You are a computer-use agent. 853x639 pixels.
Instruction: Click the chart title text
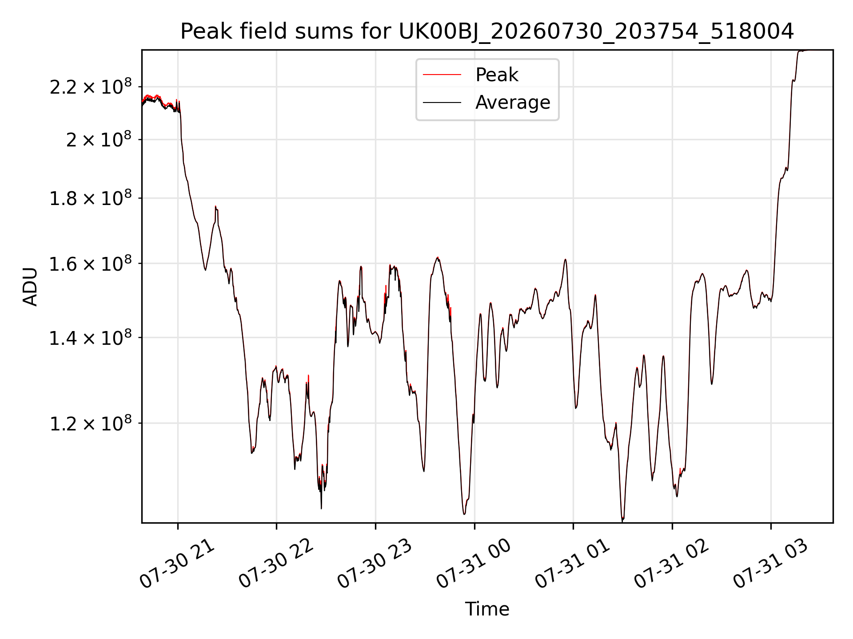pos(487,32)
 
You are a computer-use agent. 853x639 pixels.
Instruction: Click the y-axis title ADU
pos(30,287)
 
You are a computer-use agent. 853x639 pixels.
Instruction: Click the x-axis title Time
pos(487,609)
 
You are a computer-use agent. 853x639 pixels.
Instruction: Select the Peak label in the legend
pos(497,75)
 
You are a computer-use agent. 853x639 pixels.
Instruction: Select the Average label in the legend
pos(513,103)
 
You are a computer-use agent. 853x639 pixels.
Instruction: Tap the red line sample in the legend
pos(442,75)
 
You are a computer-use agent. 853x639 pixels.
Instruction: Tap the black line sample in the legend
pos(442,103)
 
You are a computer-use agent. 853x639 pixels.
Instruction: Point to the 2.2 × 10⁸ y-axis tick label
pos(91,87)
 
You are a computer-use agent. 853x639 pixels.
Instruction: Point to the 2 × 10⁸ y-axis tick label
pos(99,140)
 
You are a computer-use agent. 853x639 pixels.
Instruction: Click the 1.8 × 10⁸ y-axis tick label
pos(91,198)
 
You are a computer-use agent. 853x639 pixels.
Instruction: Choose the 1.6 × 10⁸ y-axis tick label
pos(91,264)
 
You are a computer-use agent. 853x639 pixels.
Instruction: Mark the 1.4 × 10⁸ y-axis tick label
pos(91,338)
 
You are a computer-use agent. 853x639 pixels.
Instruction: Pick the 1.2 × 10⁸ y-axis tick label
pos(91,423)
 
